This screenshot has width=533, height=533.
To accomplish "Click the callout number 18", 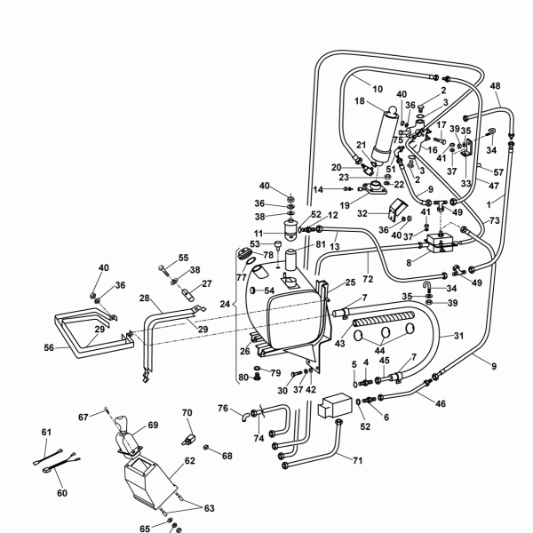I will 360,102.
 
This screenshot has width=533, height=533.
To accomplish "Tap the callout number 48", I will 495,86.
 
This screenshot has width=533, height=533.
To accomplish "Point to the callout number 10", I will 378,89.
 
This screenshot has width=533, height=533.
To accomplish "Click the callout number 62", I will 189,462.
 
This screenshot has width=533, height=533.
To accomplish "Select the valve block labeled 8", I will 442,242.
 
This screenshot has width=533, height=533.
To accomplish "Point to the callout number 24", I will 225,304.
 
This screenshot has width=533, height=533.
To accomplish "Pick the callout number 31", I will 459,335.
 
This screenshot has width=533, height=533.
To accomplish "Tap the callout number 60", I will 61,493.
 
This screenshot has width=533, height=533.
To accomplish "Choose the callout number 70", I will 187,413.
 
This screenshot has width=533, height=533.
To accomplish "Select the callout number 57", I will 498,171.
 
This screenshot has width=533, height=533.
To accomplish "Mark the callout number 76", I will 223,408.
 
